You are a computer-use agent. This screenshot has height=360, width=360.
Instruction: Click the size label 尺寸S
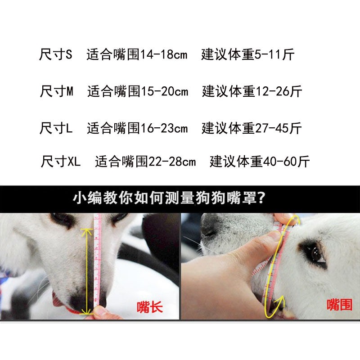(56, 54)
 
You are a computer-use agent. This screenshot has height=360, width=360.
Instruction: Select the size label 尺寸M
(57, 91)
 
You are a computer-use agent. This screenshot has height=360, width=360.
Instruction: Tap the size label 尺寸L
(56, 128)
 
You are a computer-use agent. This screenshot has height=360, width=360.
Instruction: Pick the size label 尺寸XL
(61, 161)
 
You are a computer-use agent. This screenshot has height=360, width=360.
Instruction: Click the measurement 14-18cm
(164, 54)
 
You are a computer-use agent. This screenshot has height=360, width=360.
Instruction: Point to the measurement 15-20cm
(165, 91)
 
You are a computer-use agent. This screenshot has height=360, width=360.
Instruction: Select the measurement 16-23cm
(164, 128)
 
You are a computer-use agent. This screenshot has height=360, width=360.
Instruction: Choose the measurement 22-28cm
(172, 162)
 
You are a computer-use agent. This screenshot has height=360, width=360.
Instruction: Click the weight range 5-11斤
(274, 54)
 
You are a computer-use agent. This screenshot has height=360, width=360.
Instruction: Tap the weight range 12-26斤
(279, 91)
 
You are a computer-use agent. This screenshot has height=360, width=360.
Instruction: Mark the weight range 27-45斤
(278, 128)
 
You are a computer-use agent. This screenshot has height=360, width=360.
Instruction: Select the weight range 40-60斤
(286, 162)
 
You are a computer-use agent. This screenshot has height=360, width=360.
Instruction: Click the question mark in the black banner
(261, 198)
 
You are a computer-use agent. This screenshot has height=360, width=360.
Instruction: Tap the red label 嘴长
(150, 307)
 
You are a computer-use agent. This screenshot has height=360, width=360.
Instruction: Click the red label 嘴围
(339, 305)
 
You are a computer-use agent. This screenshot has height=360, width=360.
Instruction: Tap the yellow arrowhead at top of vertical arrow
(86, 232)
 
